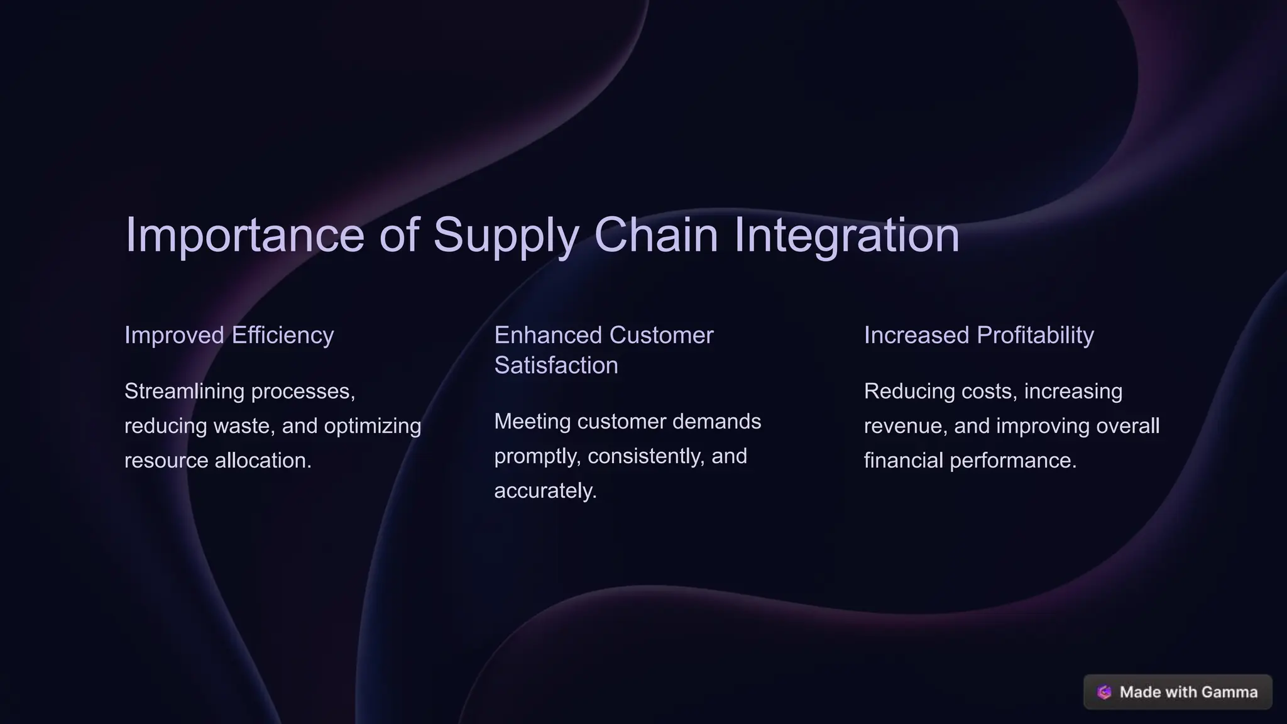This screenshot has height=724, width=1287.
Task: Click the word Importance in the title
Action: [x=244, y=235]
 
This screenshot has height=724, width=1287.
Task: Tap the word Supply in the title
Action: [x=505, y=235]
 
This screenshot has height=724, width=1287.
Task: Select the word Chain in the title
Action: [x=655, y=235]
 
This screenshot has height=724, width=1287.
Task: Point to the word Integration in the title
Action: [x=846, y=235]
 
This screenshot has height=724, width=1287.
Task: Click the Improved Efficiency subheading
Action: [x=229, y=335]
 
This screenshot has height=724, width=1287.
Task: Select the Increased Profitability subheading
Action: [x=978, y=335]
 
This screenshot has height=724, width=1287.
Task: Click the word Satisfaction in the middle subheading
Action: [x=556, y=365]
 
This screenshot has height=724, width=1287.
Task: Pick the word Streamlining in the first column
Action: [x=184, y=391]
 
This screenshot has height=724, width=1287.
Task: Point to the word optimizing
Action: [x=372, y=425]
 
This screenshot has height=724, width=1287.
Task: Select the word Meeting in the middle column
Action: [x=532, y=421]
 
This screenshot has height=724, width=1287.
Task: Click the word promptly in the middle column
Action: [x=537, y=456]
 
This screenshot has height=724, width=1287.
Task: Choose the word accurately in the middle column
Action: [x=545, y=490]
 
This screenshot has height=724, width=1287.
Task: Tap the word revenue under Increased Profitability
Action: [x=906, y=425]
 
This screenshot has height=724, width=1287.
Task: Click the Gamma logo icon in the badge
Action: [x=1104, y=692]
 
